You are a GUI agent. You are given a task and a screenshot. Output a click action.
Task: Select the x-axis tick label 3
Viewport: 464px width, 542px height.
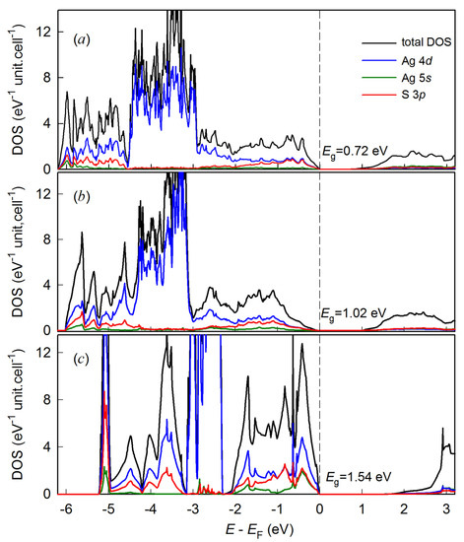(446, 508)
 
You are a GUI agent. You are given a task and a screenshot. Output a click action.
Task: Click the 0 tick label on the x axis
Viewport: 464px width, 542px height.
(319, 508)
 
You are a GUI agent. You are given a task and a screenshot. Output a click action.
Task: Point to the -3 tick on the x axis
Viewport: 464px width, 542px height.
(191, 508)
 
